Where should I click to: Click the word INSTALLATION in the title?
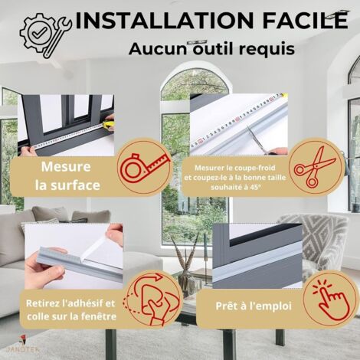click(x=165, y=20)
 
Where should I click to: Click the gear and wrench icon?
click(x=45, y=35)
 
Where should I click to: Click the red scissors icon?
click(x=315, y=166)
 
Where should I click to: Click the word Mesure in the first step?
click(x=66, y=167)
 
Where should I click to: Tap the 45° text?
click(x=256, y=187)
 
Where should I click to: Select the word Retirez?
click(x=43, y=303)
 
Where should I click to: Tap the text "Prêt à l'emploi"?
click(x=254, y=306)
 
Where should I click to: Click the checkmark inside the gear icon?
click(x=41, y=32)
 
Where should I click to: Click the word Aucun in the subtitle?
click(x=158, y=49)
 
